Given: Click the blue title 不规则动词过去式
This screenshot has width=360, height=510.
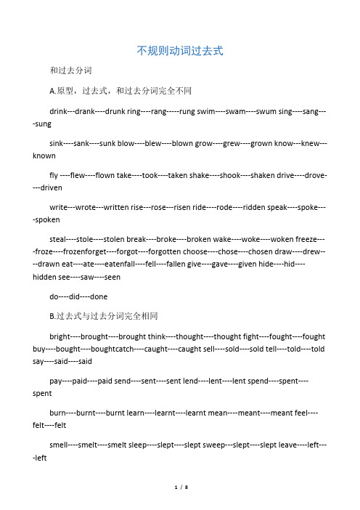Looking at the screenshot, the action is point(179,51).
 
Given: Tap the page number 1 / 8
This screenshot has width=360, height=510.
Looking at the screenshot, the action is point(179,500).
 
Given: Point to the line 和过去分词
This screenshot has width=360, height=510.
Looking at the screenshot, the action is point(70,71).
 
